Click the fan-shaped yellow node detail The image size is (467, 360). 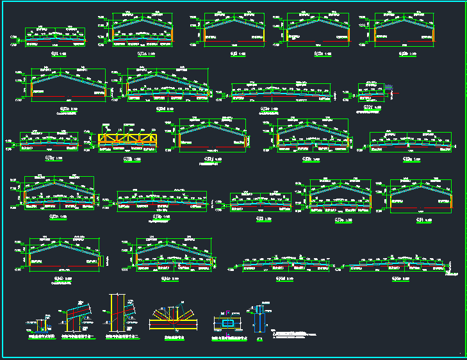coord(174,318)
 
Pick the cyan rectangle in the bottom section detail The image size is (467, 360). coord(228,321)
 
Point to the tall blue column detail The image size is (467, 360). coord(259,316)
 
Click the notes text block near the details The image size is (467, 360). coord(295,334)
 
